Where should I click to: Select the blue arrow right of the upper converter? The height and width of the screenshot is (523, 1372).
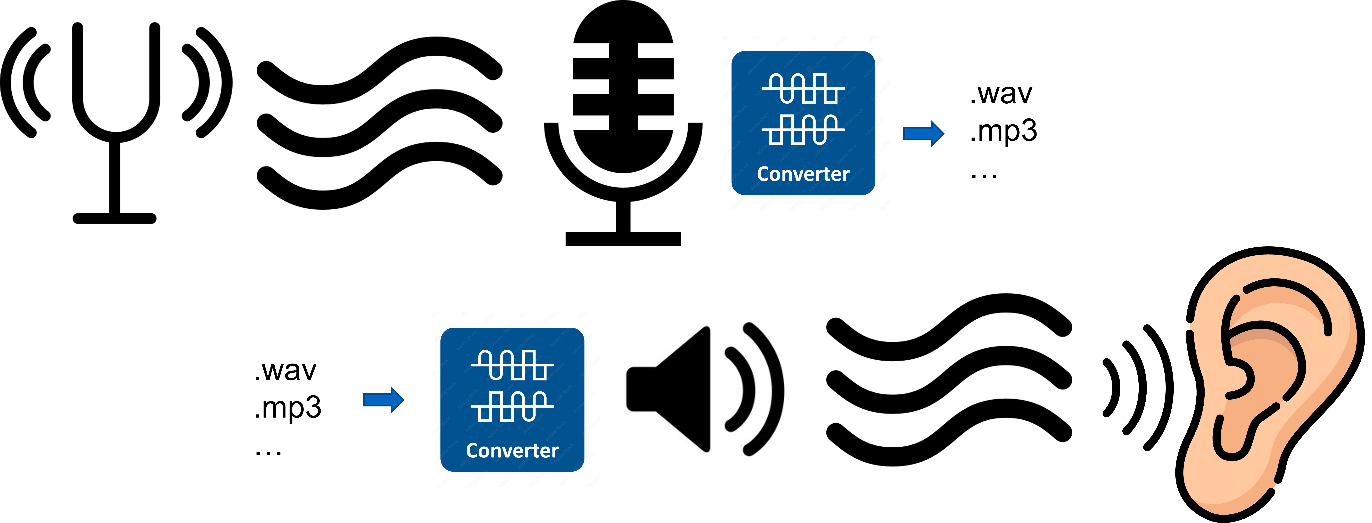pos(924,133)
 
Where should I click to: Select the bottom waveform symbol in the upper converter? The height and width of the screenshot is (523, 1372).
pos(803,129)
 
